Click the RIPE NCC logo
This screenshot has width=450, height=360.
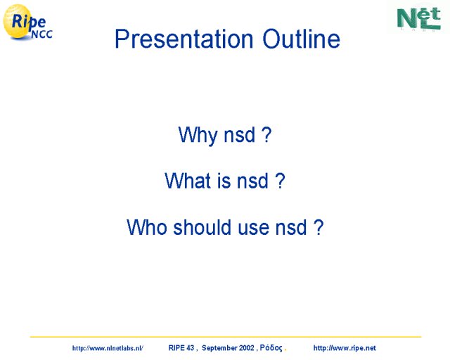point(27,22)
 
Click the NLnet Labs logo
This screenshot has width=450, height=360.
point(419,18)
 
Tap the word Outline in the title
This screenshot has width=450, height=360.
point(302,39)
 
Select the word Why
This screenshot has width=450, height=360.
point(198,134)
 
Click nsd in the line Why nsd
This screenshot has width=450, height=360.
point(239,134)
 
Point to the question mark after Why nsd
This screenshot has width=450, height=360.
point(266,134)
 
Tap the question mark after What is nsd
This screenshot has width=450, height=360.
point(280,180)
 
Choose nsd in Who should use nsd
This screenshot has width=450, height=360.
point(291,227)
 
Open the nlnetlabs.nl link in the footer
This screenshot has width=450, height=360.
point(108,348)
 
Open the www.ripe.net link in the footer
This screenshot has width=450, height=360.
point(345,348)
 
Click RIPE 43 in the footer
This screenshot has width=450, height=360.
point(181,348)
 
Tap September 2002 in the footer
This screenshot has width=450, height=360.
point(228,348)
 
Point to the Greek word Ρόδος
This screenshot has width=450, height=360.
point(271,348)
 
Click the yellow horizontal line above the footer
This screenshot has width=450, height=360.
point(226,337)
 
